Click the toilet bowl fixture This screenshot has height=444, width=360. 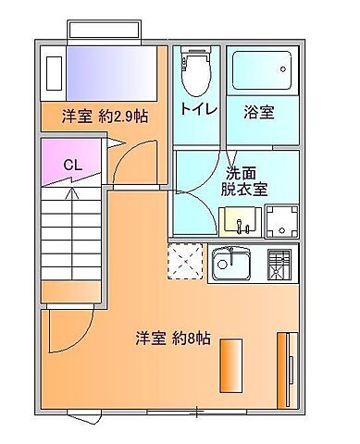pos(195,73)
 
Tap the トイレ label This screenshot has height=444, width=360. pos(198,110)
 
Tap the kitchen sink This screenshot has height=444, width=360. pos(234,265)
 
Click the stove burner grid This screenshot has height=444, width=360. pos(280,265)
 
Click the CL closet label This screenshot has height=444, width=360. pos(71,166)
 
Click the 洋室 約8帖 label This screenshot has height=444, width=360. pos(173,339)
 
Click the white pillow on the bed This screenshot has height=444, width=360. pos(54,73)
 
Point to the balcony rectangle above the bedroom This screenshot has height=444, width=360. pos(104,31)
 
